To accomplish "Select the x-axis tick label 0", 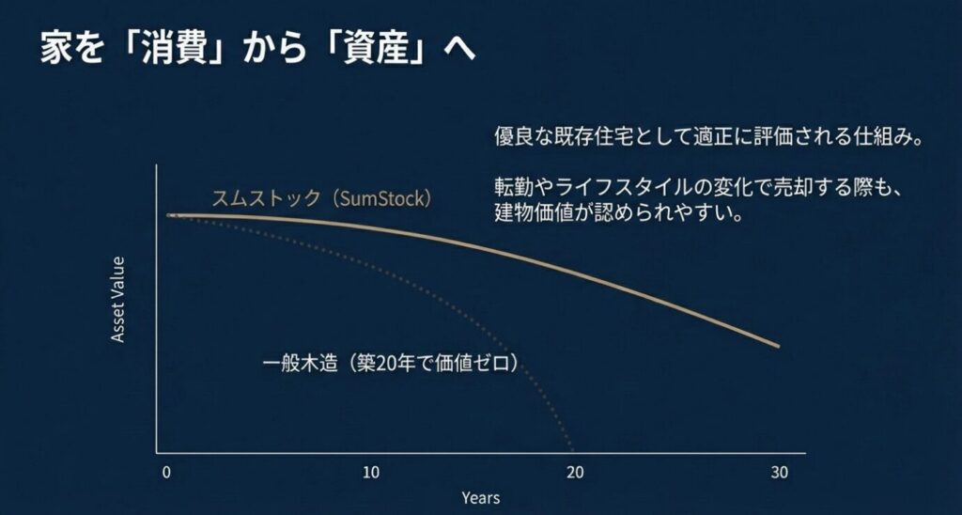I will tap(166, 472).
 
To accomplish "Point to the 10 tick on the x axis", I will tap(371, 472).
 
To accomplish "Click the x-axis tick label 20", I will tap(575, 472).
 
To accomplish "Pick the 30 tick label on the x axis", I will tap(779, 472).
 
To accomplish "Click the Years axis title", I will tap(480, 497).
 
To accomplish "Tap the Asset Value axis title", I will tap(118, 299).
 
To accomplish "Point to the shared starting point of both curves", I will tap(170, 215).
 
